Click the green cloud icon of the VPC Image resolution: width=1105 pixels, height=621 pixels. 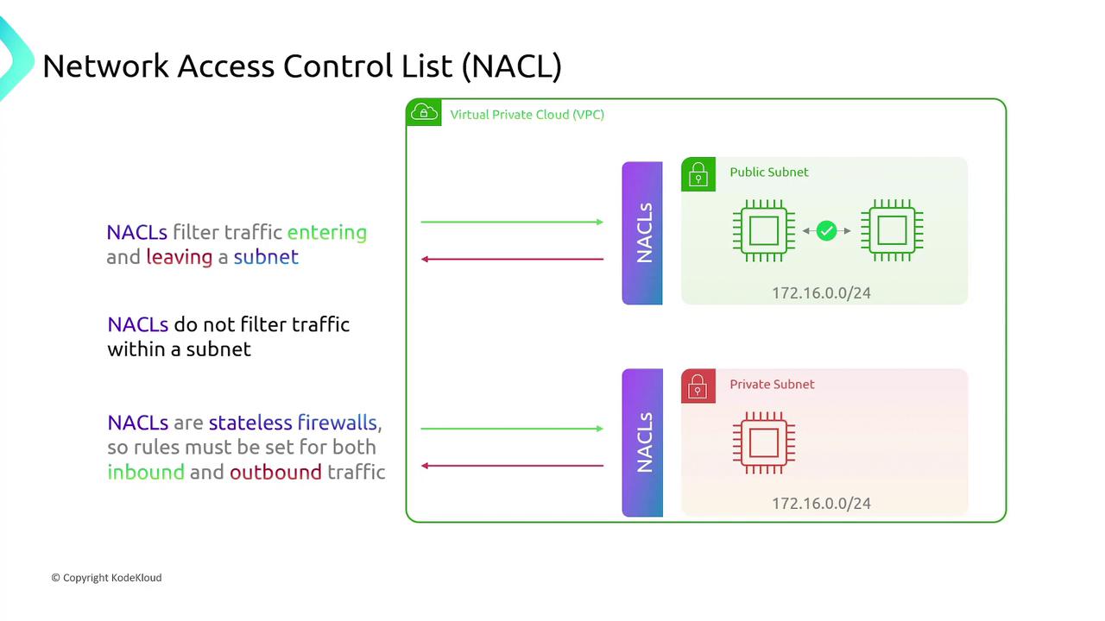click(x=423, y=113)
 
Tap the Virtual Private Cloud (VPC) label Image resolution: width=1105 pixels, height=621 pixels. click(x=527, y=115)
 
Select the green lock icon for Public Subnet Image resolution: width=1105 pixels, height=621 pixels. click(x=698, y=173)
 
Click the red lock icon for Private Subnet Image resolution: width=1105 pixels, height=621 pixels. click(x=698, y=386)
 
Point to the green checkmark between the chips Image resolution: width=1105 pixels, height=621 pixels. click(x=826, y=230)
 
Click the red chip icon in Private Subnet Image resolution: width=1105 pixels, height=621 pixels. click(x=763, y=443)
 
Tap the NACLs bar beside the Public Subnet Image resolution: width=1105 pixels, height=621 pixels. click(x=642, y=233)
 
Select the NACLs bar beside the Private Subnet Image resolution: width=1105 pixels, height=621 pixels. click(x=642, y=443)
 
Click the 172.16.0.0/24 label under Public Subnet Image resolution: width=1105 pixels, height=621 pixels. click(x=821, y=293)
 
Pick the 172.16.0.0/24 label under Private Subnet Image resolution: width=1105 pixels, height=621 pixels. click(x=821, y=504)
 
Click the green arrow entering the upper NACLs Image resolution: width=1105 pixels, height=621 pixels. click(x=512, y=222)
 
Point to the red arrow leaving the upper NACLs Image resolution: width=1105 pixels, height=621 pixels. click(x=512, y=259)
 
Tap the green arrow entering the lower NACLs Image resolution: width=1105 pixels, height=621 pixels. click(x=512, y=428)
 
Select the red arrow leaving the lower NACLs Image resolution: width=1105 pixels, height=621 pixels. click(x=512, y=466)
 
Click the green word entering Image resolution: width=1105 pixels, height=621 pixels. click(x=326, y=233)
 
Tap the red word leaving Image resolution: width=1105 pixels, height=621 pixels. click(x=179, y=257)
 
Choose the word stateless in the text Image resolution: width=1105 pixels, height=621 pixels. click(x=250, y=423)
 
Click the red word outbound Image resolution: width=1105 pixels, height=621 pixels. click(x=275, y=473)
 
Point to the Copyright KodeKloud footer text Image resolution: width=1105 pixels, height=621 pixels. click(x=106, y=578)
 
